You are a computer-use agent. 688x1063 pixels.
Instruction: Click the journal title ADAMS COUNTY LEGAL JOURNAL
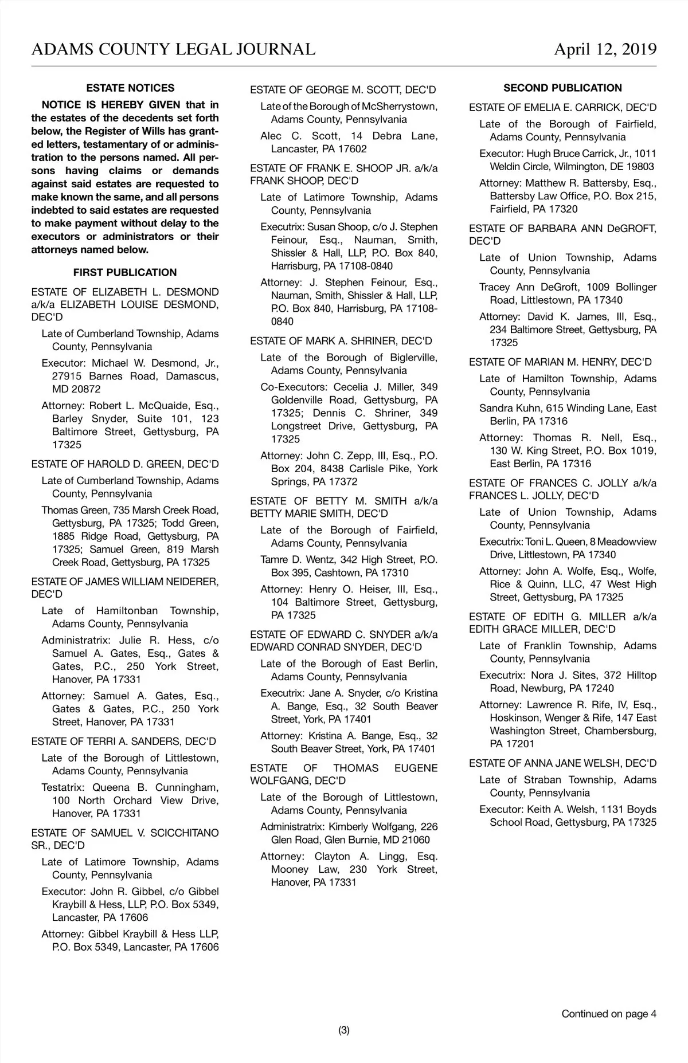point(173,49)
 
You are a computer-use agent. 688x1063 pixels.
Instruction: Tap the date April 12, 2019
point(605,49)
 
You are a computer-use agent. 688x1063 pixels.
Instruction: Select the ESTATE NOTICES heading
point(130,88)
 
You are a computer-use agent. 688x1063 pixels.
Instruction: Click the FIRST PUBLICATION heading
point(125,273)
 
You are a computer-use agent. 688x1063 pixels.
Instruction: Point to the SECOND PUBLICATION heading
point(562,88)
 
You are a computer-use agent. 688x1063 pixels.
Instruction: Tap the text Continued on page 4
point(609,1014)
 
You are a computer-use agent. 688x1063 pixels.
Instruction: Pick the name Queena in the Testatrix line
point(111,787)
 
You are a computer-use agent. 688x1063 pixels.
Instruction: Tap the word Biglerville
point(413,358)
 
